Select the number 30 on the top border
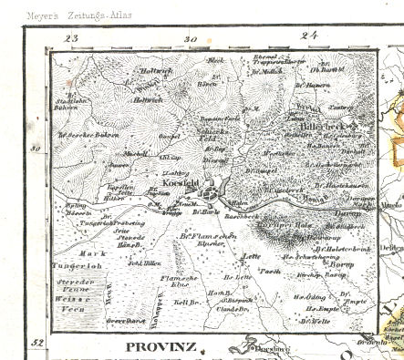point(190,39)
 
